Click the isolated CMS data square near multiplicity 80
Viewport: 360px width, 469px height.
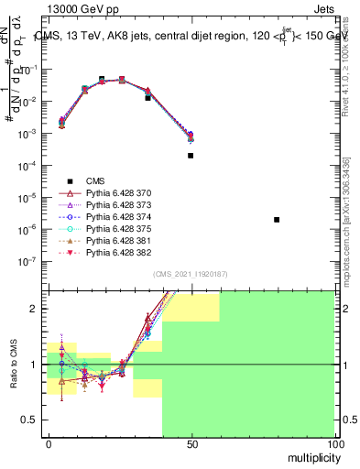(x=277, y=220)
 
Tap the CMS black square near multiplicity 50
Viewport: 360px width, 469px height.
(x=191, y=156)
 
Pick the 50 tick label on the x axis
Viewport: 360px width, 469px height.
(x=191, y=445)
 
